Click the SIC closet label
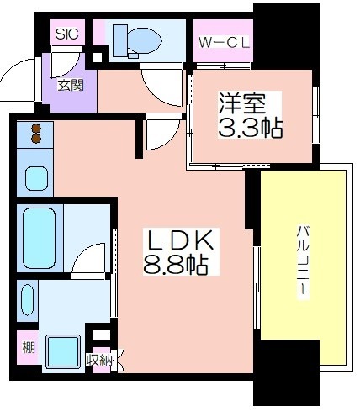[x=66, y=34]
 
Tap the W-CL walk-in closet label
[x=224, y=43]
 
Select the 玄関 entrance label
[x=71, y=85]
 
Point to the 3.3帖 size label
[x=250, y=129]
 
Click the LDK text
[x=179, y=240]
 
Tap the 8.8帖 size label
[x=176, y=265]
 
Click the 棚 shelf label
[x=29, y=348]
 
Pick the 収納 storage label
[x=99, y=361]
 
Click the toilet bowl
[x=146, y=41]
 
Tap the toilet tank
[x=120, y=40]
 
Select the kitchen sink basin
[x=36, y=178]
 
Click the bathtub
[x=39, y=238]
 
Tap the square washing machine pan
[x=63, y=351]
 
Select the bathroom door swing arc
[x=87, y=255]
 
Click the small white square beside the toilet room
[x=97, y=57]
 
